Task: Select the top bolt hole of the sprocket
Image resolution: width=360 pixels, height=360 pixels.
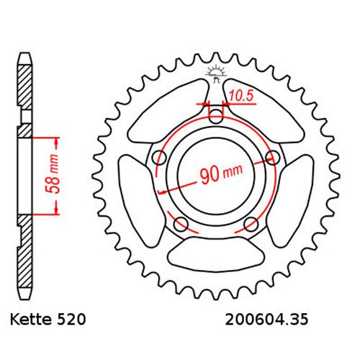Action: point(215,115)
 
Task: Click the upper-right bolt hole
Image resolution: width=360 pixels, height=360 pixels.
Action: point(271,157)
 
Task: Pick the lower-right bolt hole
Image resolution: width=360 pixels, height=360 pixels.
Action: point(250,224)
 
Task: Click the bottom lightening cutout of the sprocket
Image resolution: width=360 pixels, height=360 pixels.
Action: point(215,254)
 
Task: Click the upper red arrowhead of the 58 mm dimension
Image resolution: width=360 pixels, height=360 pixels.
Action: point(55,138)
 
